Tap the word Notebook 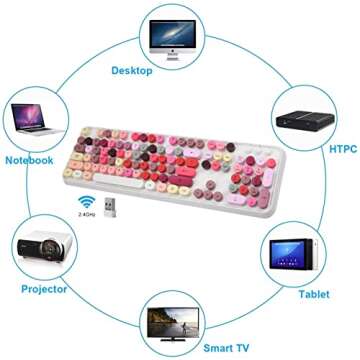click(x=28, y=159)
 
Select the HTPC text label click(x=343, y=149)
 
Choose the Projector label click(x=44, y=289)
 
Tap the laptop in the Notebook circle click(x=31, y=118)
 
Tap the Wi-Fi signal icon click(x=85, y=199)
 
